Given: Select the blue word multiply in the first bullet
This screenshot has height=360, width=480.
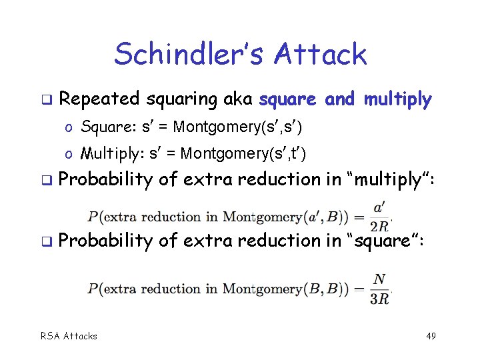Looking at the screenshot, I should [x=398, y=100].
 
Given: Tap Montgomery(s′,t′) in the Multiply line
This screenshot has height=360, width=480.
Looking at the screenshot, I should [x=244, y=154].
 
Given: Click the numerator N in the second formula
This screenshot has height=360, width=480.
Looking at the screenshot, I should [x=380, y=279].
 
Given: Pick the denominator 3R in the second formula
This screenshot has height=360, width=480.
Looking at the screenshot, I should [x=380, y=297].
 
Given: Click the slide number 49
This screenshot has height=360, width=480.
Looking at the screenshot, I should [x=431, y=336].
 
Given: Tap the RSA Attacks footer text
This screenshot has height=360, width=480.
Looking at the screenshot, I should [x=69, y=336].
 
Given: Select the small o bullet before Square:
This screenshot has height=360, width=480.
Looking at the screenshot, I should [x=69, y=127].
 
